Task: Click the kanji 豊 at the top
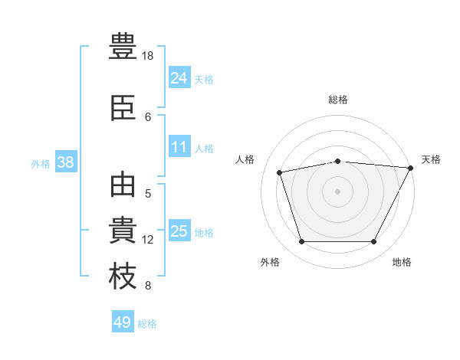(123, 46)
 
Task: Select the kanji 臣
(123, 107)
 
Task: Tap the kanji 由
(123, 185)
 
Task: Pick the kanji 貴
(123, 230)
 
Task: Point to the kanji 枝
(123, 276)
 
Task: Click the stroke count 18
(147, 56)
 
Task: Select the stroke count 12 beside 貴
(147, 240)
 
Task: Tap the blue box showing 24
(179, 77)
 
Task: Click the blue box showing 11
(179, 146)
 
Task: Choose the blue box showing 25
(179, 230)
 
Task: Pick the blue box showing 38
(66, 162)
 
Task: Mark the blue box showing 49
(123, 321)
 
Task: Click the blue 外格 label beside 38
(41, 164)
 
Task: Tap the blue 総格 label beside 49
(147, 324)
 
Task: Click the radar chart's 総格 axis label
(338, 100)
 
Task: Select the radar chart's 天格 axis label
(431, 159)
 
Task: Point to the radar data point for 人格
(279, 172)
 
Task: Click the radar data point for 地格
(373, 241)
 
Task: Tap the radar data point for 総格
(338, 162)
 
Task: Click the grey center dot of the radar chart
(337, 191)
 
